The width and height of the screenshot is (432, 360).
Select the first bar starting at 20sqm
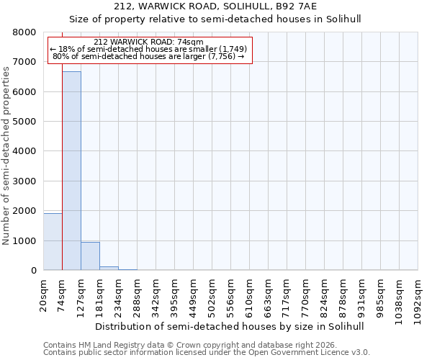[x=53, y=241]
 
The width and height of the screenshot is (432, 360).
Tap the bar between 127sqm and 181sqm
[x=90, y=256]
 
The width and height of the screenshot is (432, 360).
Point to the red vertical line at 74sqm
[x=62, y=166]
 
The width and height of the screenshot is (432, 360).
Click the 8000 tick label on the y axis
[x=24, y=32]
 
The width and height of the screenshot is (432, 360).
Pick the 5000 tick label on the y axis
[x=24, y=122]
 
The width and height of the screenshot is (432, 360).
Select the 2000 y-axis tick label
[x=24, y=211]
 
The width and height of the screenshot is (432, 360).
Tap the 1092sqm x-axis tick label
[x=418, y=298]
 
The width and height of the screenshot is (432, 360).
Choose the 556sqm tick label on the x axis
[x=231, y=295]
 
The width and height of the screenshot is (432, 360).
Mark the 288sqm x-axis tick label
[x=138, y=295]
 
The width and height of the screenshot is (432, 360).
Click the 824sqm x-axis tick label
[x=325, y=295]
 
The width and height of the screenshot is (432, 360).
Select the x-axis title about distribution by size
[x=230, y=326]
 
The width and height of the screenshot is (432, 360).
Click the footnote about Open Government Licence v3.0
[x=207, y=353]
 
